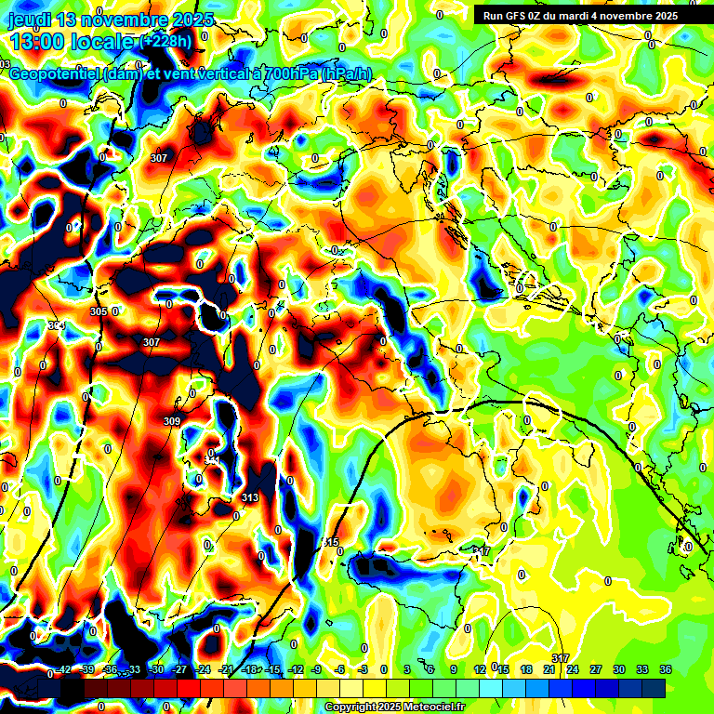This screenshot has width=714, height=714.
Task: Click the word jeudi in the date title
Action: (x=31, y=20)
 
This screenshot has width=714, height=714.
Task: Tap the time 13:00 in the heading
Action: (x=40, y=42)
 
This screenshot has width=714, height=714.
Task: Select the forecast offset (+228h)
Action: (x=167, y=42)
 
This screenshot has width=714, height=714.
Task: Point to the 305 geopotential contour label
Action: (x=99, y=311)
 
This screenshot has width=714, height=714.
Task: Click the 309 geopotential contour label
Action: (x=172, y=421)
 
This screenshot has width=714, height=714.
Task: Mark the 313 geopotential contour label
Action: (x=249, y=498)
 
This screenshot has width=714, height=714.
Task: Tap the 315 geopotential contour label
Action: (x=331, y=542)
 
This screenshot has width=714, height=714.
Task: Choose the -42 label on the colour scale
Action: (x=64, y=669)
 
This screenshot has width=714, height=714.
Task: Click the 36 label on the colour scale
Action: (x=665, y=669)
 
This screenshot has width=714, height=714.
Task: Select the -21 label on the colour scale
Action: (x=226, y=669)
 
